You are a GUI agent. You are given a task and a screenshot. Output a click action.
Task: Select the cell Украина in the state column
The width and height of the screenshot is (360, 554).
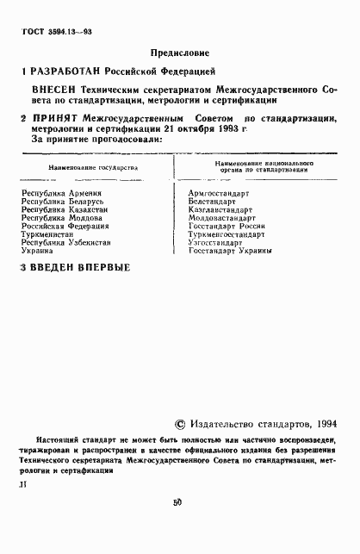[x=38, y=251]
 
